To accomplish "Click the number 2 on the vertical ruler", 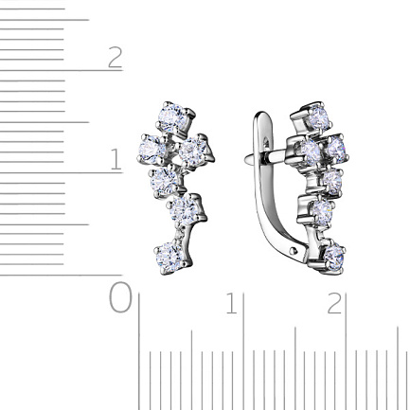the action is [x=116, y=57].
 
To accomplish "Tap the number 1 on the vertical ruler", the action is [x=116, y=159].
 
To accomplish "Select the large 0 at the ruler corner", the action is [x=120, y=297].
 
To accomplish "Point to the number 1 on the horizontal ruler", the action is [x=232, y=303].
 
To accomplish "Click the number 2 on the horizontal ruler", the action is [x=334, y=303].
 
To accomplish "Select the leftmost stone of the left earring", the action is [x=152, y=150].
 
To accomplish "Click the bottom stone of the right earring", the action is [x=333, y=258].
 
